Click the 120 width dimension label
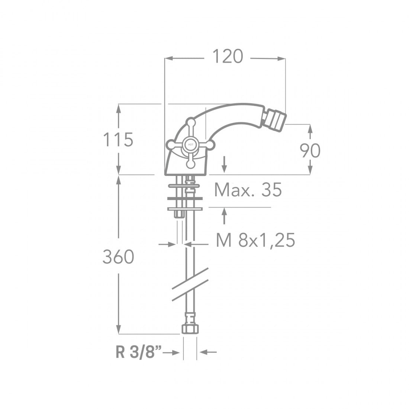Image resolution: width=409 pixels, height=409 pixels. coord(227,57)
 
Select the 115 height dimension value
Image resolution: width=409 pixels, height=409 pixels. coord(117,140)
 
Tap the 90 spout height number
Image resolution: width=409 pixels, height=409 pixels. coord(310,151)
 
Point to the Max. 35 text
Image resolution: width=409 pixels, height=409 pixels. coord(248,190)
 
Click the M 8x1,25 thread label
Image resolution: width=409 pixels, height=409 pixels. coord(255,241)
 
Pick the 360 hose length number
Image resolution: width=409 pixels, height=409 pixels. coord(118,257)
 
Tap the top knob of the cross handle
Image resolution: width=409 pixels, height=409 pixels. coord(191,122)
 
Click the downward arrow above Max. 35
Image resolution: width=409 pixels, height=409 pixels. coord(224,167)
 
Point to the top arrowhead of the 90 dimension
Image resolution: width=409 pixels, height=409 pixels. coord(310,128)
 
